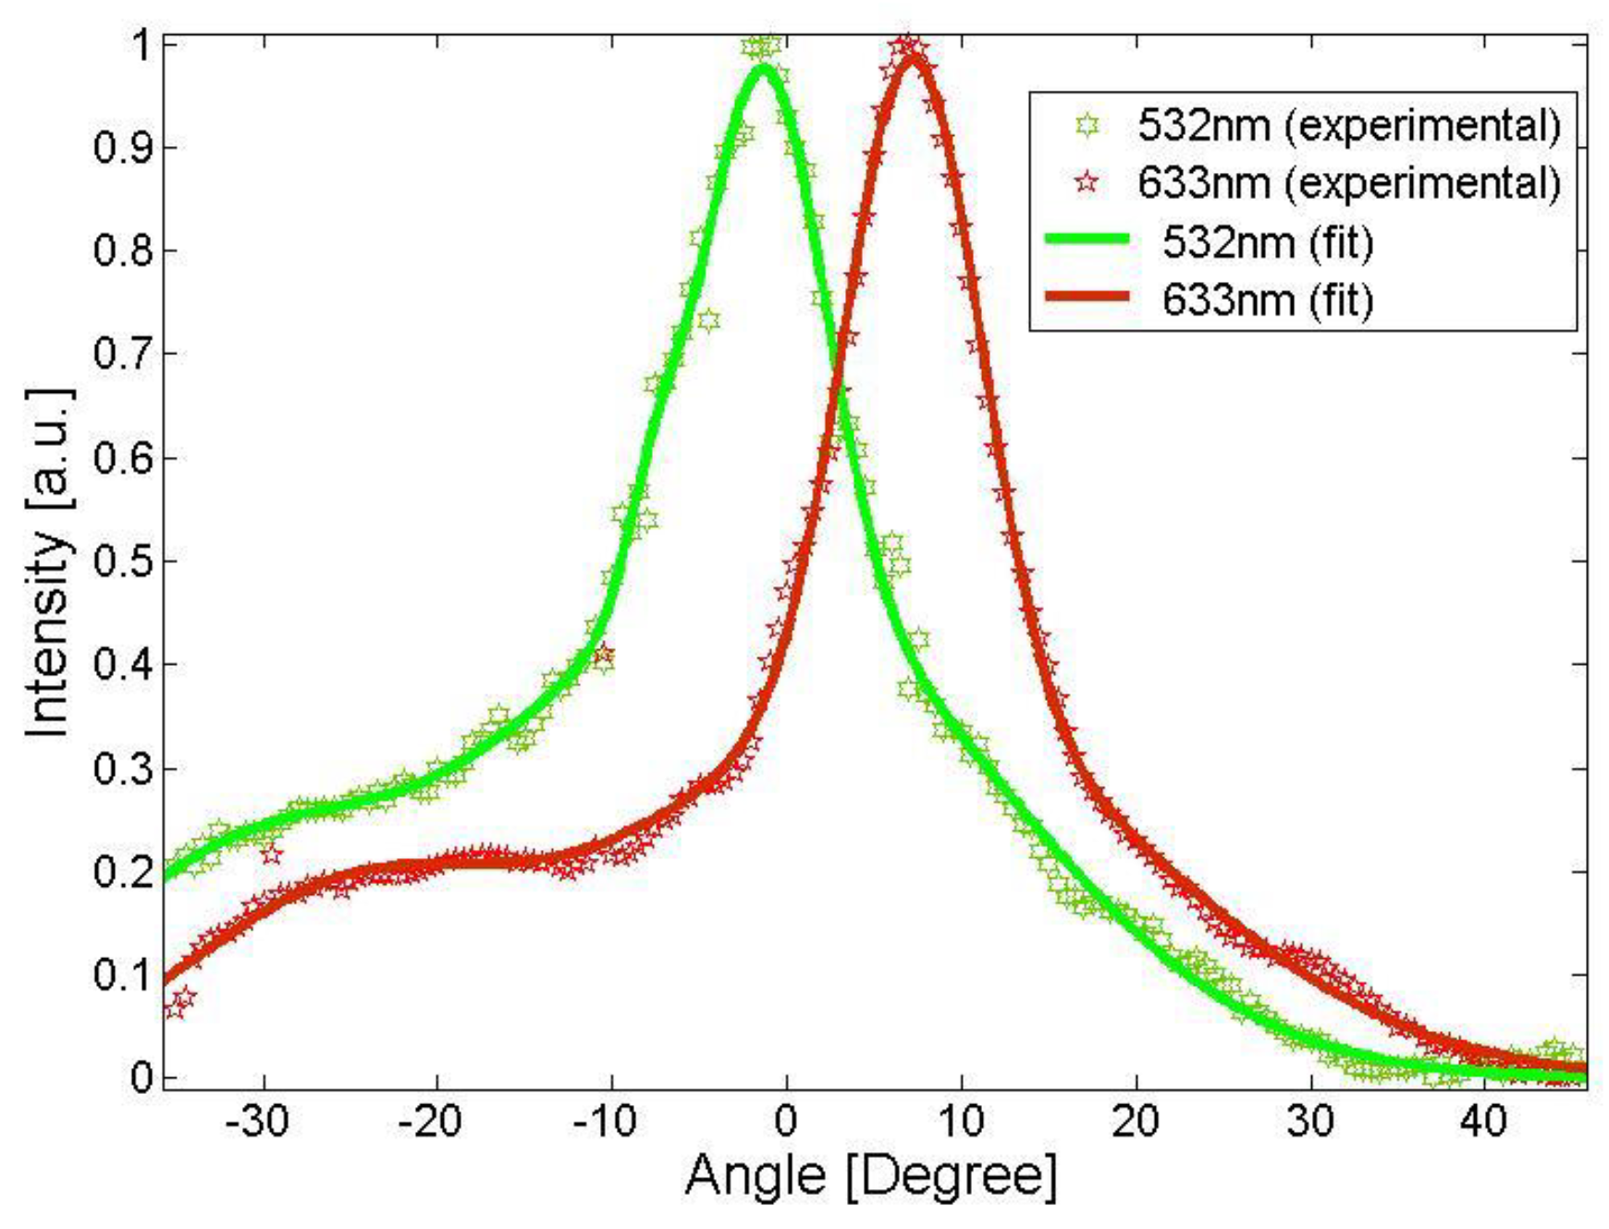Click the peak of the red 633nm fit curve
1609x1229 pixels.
tap(912, 59)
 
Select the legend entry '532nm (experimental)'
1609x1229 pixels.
tap(1348, 125)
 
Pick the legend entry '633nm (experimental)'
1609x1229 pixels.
tap(1348, 183)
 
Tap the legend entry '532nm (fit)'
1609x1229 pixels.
tap(1267, 241)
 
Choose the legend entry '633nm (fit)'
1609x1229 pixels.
tap(1267, 300)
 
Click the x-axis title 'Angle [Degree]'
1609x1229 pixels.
tap(870, 1176)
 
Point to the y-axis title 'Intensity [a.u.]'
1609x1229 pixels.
tap(48, 563)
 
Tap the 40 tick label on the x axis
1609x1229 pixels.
tap(1483, 1122)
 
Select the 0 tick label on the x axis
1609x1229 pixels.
tap(785, 1122)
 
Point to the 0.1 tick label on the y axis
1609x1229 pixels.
tap(123, 975)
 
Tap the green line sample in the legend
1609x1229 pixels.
tap(1087, 240)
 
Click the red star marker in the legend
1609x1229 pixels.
tap(1087, 183)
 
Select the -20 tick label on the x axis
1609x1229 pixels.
tap(431, 1122)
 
